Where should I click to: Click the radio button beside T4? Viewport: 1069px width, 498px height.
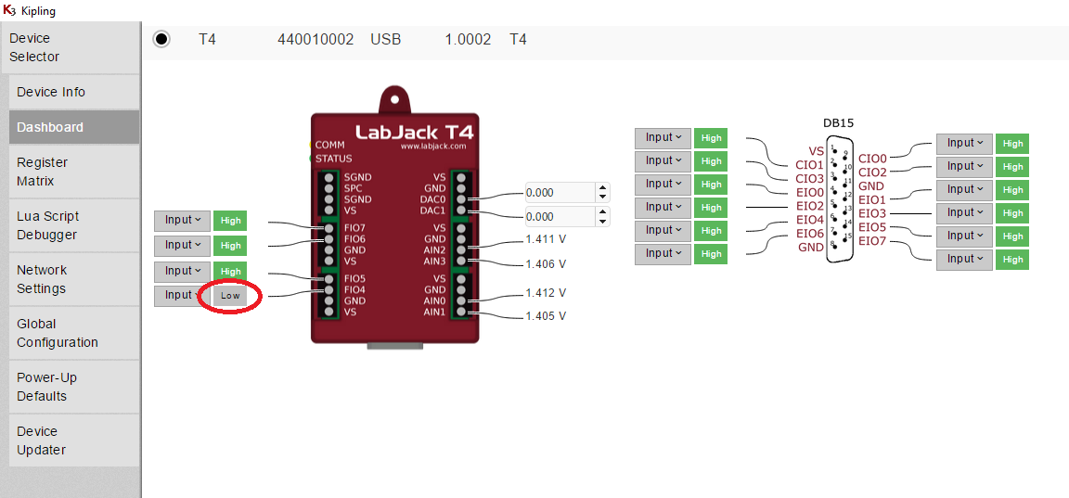coord(161,39)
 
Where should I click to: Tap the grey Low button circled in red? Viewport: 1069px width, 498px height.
coord(230,296)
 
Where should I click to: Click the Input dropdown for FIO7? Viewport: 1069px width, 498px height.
coord(182,221)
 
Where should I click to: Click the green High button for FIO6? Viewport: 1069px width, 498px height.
coord(230,246)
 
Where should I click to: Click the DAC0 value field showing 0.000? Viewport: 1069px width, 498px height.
coord(559,193)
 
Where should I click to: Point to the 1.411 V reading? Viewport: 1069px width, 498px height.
coord(545,239)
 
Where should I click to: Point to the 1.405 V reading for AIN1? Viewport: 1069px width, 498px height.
coord(545,316)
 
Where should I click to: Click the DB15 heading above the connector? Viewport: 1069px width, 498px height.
coord(838,122)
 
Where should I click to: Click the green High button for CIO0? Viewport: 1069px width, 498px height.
coord(1012,144)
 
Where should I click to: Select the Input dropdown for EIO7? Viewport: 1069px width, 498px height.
coord(964,260)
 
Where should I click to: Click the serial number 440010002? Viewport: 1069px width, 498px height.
coord(316,40)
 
